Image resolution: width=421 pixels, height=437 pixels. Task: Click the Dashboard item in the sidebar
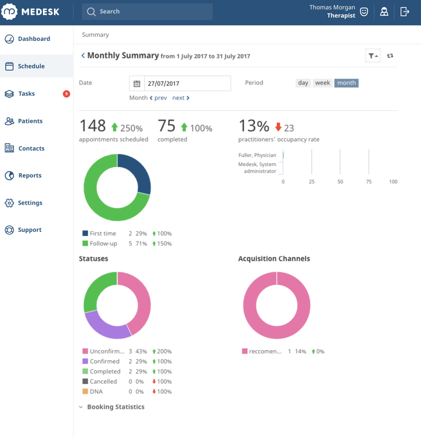pyautogui.click(x=33, y=39)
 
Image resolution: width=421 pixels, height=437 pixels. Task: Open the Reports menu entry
pyautogui.click(x=29, y=176)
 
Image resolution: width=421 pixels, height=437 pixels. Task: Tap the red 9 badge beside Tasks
pyautogui.click(x=66, y=94)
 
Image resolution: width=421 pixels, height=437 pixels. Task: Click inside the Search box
pyautogui.click(x=147, y=12)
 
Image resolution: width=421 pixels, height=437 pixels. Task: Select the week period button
pyautogui.click(x=322, y=83)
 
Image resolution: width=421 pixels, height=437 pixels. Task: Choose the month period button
pyautogui.click(x=346, y=83)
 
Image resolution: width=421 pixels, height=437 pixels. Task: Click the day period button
pyautogui.click(x=303, y=83)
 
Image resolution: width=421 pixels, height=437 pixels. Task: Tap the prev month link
pyautogui.click(x=158, y=98)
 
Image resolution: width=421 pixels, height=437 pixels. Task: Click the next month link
pyautogui.click(x=181, y=98)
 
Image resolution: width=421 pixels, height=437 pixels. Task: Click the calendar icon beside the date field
pyautogui.click(x=137, y=83)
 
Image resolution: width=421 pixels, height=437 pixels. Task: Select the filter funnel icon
pyautogui.click(x=372, y=56)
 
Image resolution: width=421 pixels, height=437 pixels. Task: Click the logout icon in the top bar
pyautogui.click(x=405, y=12)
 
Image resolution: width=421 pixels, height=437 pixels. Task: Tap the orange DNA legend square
pyautogui.click(x=85, y=391)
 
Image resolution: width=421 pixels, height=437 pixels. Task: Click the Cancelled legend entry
pyautogui.click(x=103, y=381)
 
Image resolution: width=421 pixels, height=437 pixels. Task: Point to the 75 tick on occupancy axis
pyautogui.click(x=369, y=181)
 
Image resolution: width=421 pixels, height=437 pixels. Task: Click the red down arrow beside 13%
pyautogui.click(x=278, y=127)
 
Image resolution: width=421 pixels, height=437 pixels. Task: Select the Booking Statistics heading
pyautogui.click(x=115, y=407)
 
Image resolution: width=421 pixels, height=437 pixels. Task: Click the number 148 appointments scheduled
pyautogui.click(x=93, y=126)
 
